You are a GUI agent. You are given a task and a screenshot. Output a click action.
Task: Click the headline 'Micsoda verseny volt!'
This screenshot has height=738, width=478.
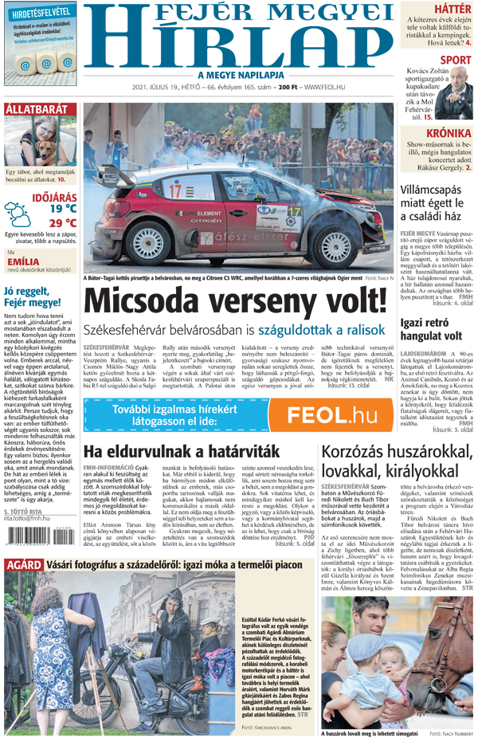[x=236, y=302]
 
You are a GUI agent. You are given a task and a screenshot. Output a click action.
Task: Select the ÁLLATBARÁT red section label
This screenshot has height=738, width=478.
[x=37, y=109]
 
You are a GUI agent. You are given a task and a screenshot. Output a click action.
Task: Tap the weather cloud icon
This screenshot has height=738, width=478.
[x=18, y=214]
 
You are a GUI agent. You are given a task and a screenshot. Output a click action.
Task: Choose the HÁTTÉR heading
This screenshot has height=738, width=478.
[x=453, y=9]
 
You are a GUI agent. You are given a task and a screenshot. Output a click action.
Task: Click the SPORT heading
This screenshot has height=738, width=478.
[x=455, y=60]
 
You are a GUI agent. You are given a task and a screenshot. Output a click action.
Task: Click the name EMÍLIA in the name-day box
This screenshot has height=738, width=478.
[x=23, y=261]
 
